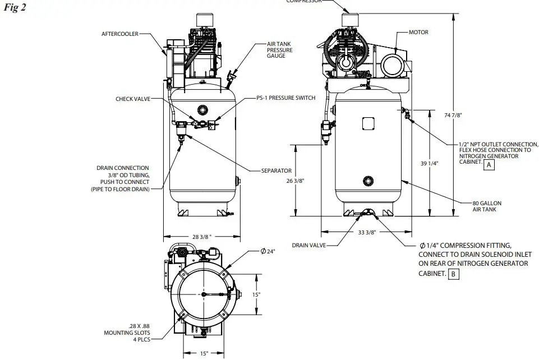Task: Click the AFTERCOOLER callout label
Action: [119, 34]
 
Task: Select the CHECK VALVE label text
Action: [132, 99]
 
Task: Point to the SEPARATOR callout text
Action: [276, 170]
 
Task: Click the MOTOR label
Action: [418, 33]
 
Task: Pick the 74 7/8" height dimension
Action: [453, 116]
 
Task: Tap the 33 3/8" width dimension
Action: [366, 232]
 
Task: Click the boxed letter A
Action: [489, 165]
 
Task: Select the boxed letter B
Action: [453, 274]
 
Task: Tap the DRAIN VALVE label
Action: [308, 245]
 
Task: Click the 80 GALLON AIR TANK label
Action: [484, 206]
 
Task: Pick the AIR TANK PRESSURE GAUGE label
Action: [279, 50]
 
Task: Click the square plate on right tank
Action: [368, 124]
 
